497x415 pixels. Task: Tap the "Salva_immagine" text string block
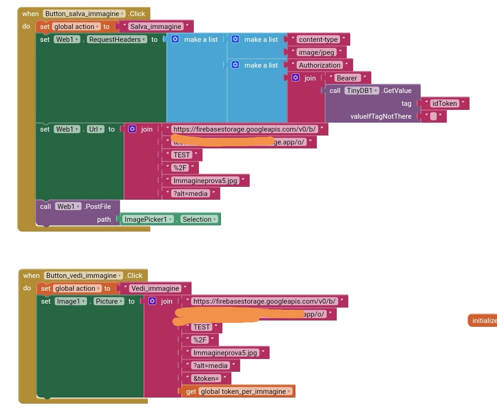point(156,27)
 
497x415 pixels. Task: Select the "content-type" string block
point(318,40)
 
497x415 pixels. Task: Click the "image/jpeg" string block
point(316,52)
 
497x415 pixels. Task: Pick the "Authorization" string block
point(320,65)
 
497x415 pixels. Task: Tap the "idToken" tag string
point(444,104)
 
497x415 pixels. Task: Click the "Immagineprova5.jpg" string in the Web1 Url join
point(205,181)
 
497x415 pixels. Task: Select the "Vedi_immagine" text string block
point(155,288)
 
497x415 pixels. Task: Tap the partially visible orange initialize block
point(483,321)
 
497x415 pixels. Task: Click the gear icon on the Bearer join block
point(296,78)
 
